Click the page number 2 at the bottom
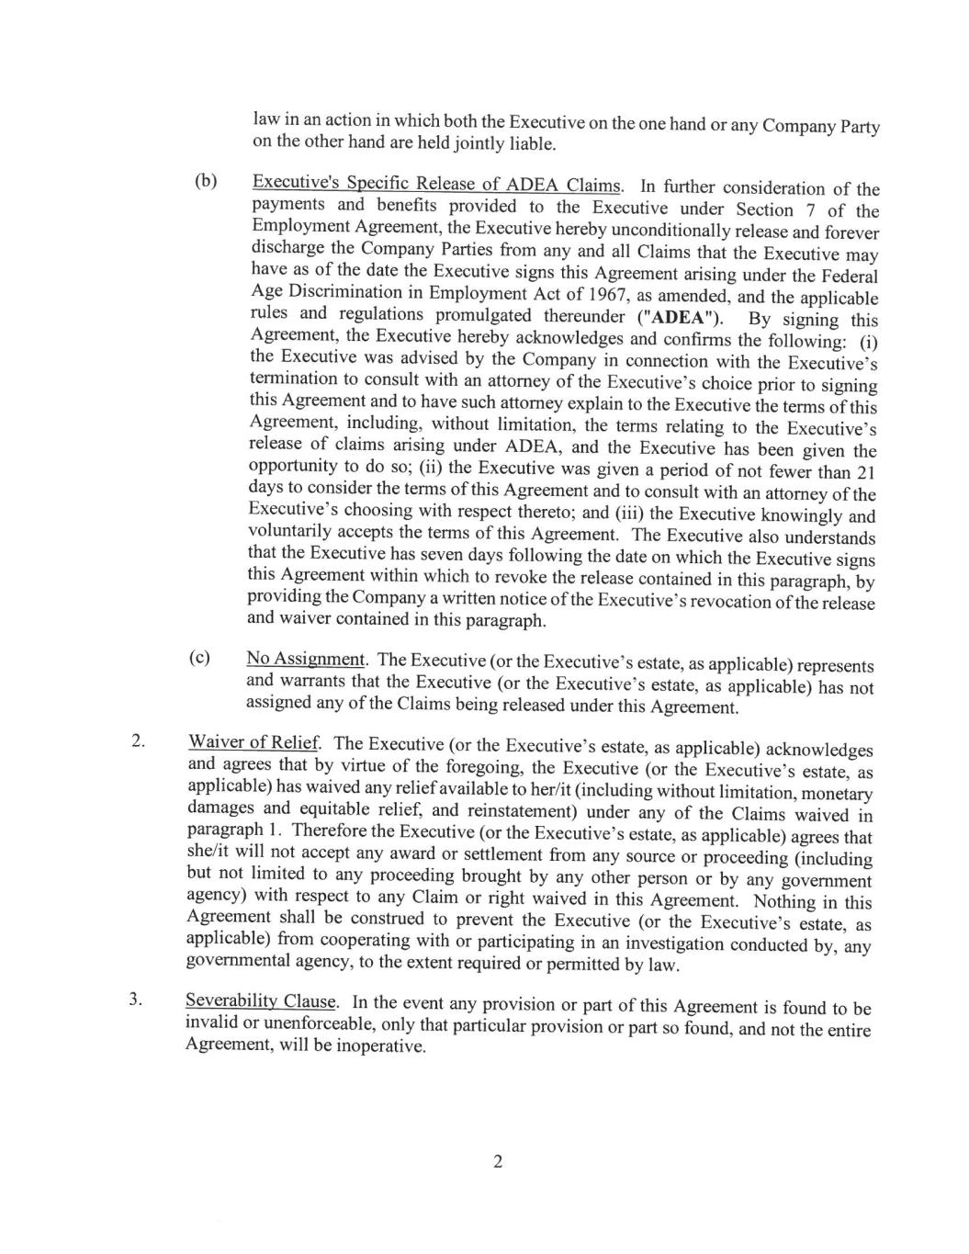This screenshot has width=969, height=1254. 498,1162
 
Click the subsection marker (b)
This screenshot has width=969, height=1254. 206,180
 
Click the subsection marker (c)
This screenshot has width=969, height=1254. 199,658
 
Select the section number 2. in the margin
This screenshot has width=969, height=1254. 139,741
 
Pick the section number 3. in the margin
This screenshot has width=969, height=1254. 136,1000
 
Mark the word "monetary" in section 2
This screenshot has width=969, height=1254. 836,793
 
